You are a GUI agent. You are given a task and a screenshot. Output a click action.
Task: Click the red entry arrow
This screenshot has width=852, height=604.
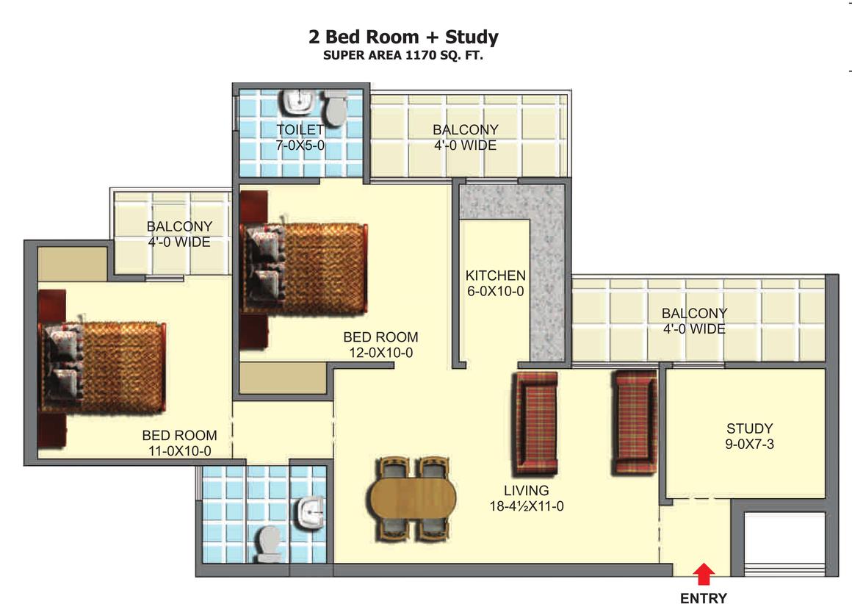click(x=704, y=574)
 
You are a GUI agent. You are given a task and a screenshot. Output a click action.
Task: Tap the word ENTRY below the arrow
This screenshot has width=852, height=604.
click(x=704, y=597)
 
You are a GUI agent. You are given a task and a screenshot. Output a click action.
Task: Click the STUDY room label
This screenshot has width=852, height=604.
click(x=749, y=428)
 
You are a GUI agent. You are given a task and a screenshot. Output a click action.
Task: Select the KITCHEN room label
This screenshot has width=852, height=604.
click(x=496, y=276)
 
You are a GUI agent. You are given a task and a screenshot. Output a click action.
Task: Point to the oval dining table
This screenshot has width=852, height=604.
click(x=413, y=498)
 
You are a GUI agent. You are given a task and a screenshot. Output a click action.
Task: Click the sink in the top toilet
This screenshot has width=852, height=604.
click(x=298, y=101)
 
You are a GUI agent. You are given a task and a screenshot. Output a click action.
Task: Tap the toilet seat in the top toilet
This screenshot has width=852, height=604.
click(x=335, y=108)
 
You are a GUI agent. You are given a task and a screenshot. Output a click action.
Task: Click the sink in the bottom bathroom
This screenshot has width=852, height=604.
click(x=311, y=513)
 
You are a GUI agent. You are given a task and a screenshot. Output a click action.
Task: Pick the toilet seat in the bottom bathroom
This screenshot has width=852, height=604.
click(x=269, y=544)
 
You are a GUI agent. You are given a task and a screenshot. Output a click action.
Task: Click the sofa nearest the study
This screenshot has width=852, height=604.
click(x=634, y=423)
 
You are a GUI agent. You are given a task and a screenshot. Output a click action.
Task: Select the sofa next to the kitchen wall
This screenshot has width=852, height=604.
click(x=537, y=423)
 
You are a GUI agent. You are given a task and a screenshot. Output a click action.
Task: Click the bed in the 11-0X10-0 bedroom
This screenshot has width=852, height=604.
click(x=102, y=367)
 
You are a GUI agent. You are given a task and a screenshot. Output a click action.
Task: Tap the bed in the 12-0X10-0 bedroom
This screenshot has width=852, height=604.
click(x=304, y=268)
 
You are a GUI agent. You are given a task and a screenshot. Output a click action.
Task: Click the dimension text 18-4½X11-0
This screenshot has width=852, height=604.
click(x=527, y=506)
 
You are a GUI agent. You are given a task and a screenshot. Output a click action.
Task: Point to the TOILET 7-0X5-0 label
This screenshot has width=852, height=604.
click(x=300, y=137)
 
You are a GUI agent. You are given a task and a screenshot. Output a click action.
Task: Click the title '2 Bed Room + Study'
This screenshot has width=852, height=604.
click(x=403, y=37)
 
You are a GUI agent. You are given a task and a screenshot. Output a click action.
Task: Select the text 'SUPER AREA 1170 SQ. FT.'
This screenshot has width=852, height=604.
click(x=403, y=55)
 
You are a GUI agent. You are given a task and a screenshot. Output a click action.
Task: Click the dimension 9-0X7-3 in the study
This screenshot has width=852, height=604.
click(x=750, y=444)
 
